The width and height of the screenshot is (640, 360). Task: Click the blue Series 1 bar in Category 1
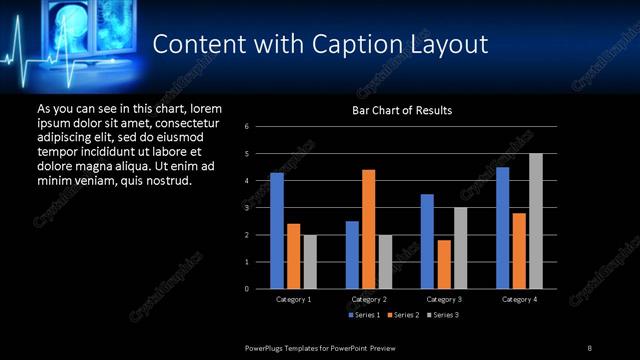coord(277,231)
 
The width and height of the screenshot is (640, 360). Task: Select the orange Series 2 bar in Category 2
coord(368,229)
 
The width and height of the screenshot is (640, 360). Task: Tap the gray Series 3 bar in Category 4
coord(535,221)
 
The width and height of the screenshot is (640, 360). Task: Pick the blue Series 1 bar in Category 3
coord(427,241)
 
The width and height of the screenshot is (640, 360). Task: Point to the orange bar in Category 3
coord(443,264)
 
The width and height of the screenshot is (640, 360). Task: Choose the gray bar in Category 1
coord(309,261)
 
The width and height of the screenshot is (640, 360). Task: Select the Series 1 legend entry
coord(363,315)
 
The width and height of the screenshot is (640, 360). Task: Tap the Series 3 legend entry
coord(443,315)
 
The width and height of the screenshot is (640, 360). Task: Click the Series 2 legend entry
coord(403,315)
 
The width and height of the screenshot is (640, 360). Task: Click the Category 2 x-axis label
coord(368,299)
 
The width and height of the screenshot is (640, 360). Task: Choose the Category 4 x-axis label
coord(518,299)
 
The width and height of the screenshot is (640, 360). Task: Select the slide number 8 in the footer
coord(589,347)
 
